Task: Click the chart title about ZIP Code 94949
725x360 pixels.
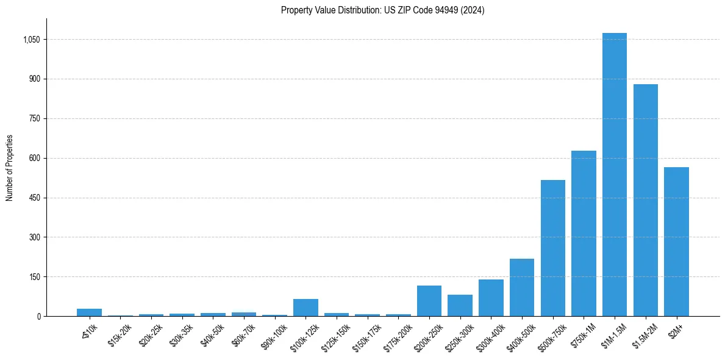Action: pyautogui.click(x=382, y=10)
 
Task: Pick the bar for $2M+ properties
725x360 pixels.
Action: pyautogui.click(x=676, y=242)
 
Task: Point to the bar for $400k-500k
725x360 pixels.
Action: pyautogui.click(x=521, y=287)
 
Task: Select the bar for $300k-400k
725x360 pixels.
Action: pyautogui.click(x=491, y=298)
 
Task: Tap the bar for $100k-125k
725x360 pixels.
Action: pyautogui.click(x=305, y=308)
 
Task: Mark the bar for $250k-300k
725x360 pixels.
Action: pyautogui.click(x=460, y=305)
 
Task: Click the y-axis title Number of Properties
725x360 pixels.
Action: pyautogui.click(x=10, y=167)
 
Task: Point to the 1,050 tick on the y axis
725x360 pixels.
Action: pyautogui.click(x=31, y=40)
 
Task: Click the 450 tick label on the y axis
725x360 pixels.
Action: pyautogui.click(x=35, y=198)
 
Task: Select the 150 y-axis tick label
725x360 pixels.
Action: pyautogui.click(x=35, y=277)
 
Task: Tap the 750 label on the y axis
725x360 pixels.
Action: pyautogui.click(x=35, y=118)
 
